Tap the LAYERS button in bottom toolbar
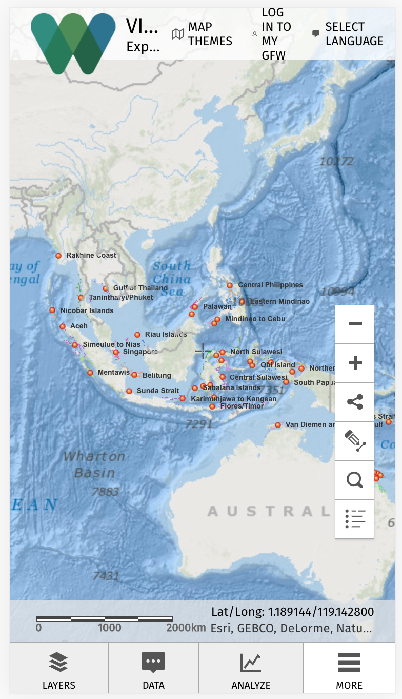(59, 671)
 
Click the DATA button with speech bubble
(153, 671)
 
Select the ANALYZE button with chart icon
(251, 671)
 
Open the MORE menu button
(349, 671)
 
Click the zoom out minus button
(355, 324)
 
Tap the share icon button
(355, 402)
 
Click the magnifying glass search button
(355, 480)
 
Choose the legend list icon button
(355, 519)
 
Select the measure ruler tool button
(355, 441)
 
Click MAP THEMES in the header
(203, 34)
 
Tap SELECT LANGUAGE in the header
(348, 34)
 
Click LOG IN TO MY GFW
(271, 34)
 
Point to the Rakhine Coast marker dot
(58, 256)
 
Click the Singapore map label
(140, 352)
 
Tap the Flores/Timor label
(242, 406)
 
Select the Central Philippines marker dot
(230, 285)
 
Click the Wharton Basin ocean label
(94, 464)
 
